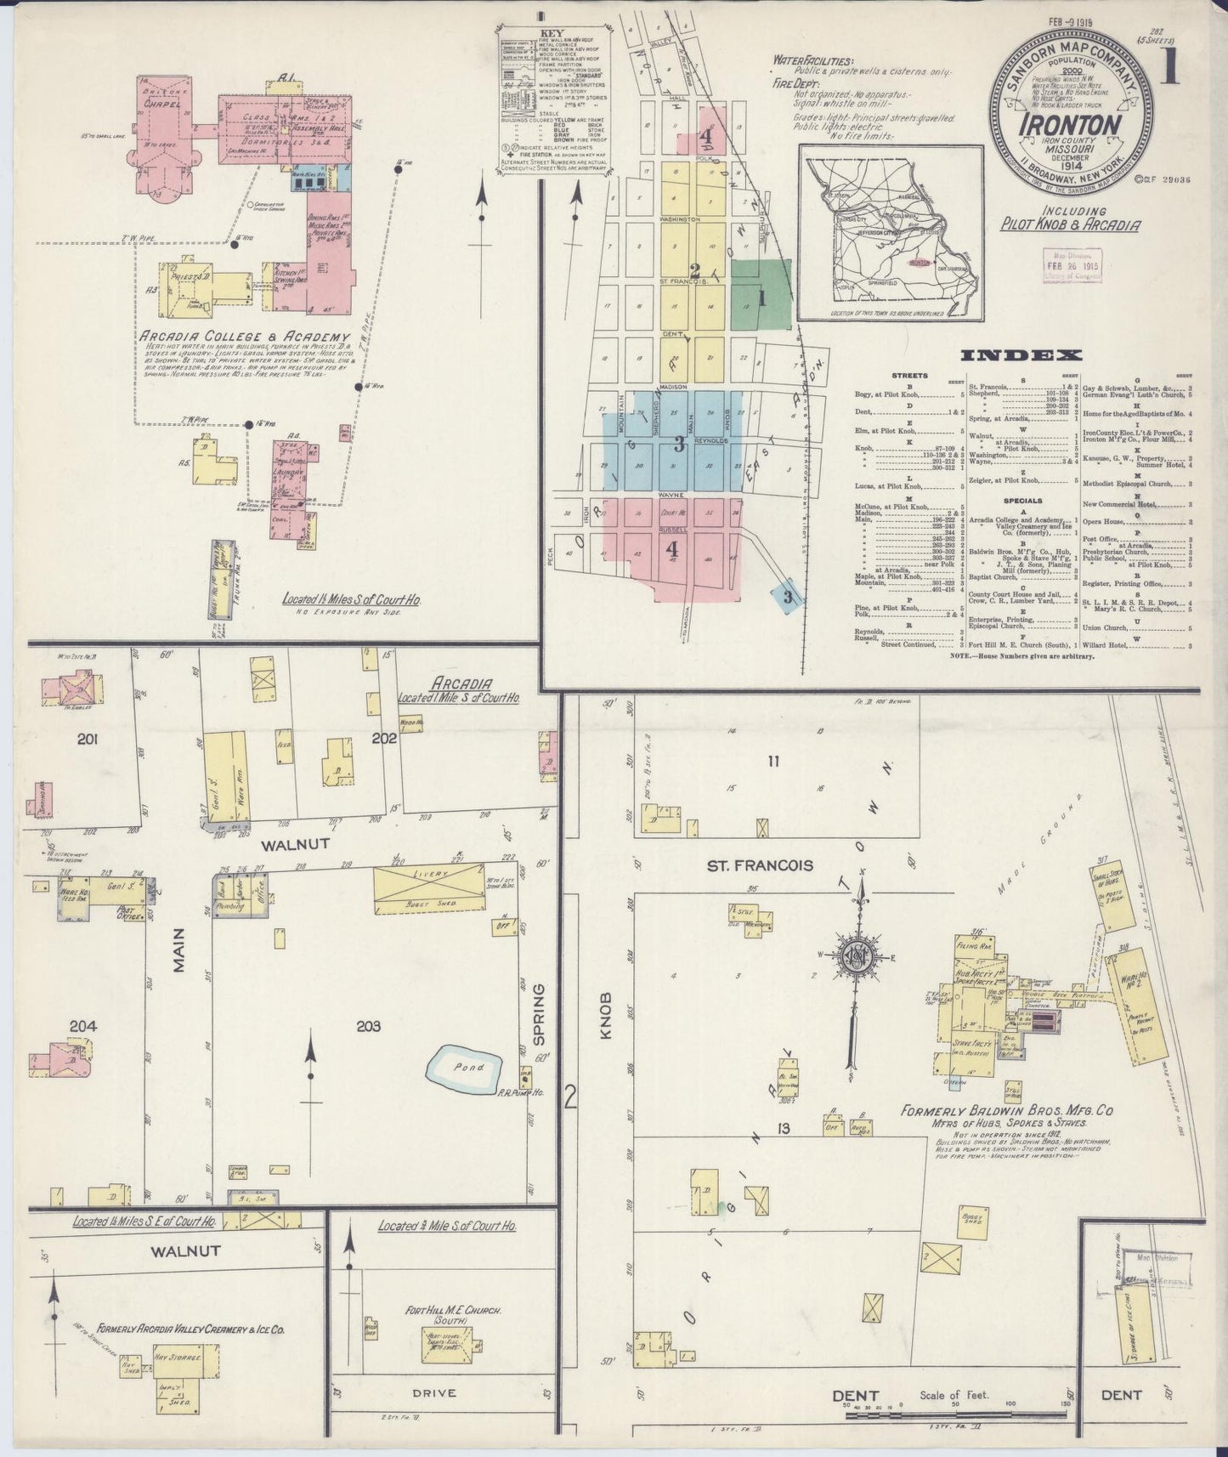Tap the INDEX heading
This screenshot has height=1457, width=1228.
(x=1019, y=355)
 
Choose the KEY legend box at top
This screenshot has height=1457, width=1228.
(x=553, y=100)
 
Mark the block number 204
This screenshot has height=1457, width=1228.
(x=83, y=1026)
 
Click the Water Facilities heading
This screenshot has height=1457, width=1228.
(x=813, y=61)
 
